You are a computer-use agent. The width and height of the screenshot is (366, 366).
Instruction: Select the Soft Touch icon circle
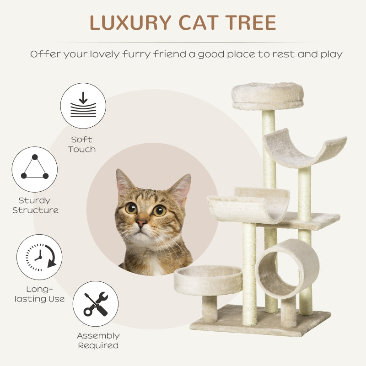83,106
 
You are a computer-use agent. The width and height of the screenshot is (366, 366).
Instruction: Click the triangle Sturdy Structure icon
35,169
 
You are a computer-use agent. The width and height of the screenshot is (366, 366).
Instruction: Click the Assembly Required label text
98,341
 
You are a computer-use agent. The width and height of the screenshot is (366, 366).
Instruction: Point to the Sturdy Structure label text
35,205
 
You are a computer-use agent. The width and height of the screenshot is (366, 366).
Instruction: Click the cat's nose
141,223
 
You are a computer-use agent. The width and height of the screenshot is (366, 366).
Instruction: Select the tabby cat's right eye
159,210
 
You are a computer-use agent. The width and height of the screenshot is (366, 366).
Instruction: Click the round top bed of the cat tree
267,96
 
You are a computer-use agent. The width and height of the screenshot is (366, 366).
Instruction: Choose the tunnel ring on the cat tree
287,268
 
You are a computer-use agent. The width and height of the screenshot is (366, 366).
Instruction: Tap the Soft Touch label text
82,144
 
